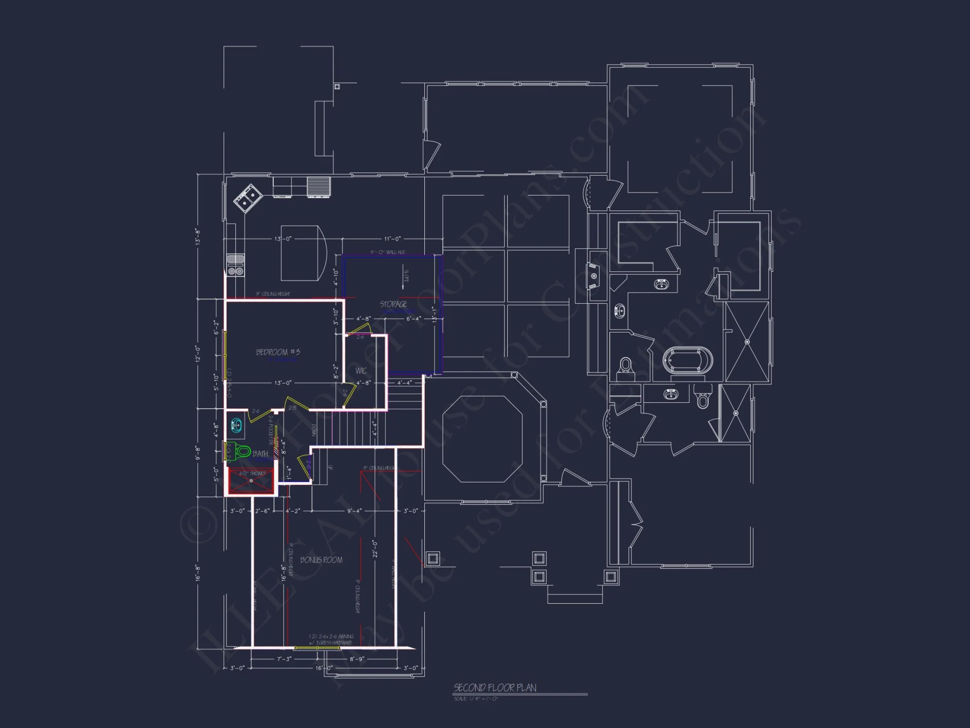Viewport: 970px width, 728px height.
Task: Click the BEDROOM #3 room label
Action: pos(278,352)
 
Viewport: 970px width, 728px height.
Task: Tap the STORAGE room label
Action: pos(393,304)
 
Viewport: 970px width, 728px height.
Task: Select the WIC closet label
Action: pos(361,371)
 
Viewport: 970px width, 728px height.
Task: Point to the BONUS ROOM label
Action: pos(321,560)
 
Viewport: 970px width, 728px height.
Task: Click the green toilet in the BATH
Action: pos(242,452)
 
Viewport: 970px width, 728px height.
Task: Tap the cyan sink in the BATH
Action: pos(236,426)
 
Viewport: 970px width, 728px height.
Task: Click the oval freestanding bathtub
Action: pos(688,361)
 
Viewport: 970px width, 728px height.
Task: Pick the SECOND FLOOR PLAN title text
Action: pos(495,688)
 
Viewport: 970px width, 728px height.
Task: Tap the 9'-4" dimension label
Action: pos(354,511)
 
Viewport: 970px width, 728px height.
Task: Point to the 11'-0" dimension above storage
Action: pos(392,239)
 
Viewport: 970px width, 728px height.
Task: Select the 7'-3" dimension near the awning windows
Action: pos(284,659)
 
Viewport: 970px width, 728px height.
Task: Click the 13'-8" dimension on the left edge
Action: pos(198,236)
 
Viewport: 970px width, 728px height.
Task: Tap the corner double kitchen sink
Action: pos(247,198)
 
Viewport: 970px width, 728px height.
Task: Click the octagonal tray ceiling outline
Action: pos(482,439)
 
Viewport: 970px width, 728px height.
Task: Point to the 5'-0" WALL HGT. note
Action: pos(388,252)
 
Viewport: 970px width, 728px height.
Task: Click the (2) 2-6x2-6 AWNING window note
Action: pos(331,636)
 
